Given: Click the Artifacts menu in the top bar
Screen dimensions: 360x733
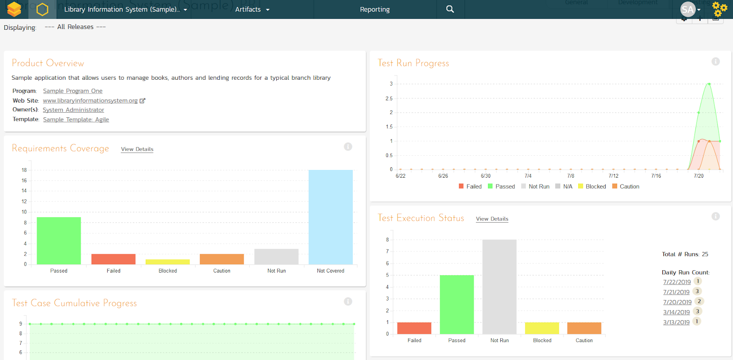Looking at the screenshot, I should [x=252, y=9].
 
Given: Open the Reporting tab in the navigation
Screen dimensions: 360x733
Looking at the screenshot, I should [x=375, y=9].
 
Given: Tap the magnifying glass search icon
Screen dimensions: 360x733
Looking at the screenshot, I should [x=450, y=9].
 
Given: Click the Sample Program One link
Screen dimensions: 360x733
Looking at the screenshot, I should [x=73, y=91].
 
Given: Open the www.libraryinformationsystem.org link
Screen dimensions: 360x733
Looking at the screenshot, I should [x=90, y=101].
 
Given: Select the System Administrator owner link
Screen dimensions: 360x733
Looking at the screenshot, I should [x=73, y=110].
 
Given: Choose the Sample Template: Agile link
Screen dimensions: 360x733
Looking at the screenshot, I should [x=76, y=120].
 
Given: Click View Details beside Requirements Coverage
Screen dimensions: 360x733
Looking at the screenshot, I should [x=137, y=149].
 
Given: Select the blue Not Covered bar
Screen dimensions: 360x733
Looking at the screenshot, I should [x=330, y=217].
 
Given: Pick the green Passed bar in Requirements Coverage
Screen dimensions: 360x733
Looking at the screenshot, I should [x=59, y=240].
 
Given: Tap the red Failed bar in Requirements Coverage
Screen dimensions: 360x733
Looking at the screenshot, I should [x=113, y=259].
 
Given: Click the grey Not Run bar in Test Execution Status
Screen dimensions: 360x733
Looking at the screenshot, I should [x=499, y=287].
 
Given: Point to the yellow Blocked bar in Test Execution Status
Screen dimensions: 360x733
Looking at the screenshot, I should [x=542, y=328].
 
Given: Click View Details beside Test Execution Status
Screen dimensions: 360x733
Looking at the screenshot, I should [x=492, y=219].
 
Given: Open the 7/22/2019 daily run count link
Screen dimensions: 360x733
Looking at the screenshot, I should [x=677, y=282].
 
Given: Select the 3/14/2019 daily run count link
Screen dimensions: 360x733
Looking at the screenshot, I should [x=676, y=312].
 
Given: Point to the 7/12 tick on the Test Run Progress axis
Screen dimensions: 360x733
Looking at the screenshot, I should [x=613, y=176].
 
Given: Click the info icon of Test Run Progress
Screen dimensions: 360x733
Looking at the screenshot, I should [x=716, y=61].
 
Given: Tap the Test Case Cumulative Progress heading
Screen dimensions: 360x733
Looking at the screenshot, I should [x=74, y=303].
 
